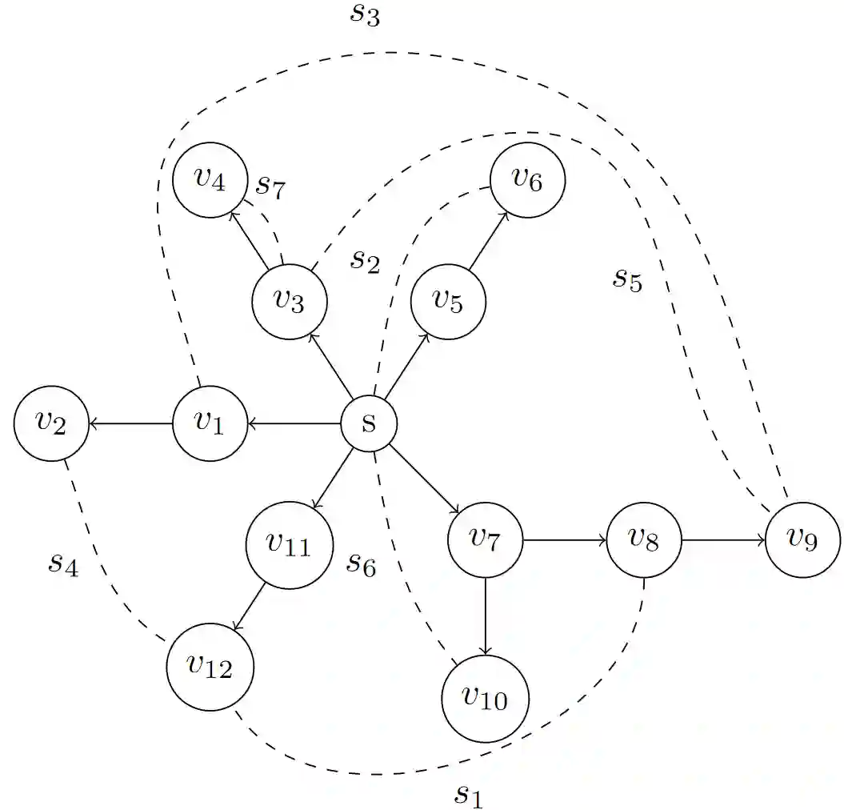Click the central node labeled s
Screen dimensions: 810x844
click(369, 423)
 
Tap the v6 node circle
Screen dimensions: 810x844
click(527, 180)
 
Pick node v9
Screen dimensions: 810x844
click(802, 539)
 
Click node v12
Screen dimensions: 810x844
click(210, 666)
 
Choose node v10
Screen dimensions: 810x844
click(485, 698)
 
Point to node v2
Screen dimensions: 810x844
click(51, 423)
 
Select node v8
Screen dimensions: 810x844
click(644, 539)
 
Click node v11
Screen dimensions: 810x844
click(288, 545)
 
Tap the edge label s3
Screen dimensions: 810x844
click(365, 15)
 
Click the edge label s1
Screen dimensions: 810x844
click(469, 794)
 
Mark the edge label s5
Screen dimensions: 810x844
click(628, 279)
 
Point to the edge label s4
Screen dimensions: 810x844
click(63, 563)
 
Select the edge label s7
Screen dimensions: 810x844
click(270, 186)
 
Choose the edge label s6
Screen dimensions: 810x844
click(361, 564)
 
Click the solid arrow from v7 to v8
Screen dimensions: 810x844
click(564, 540)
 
